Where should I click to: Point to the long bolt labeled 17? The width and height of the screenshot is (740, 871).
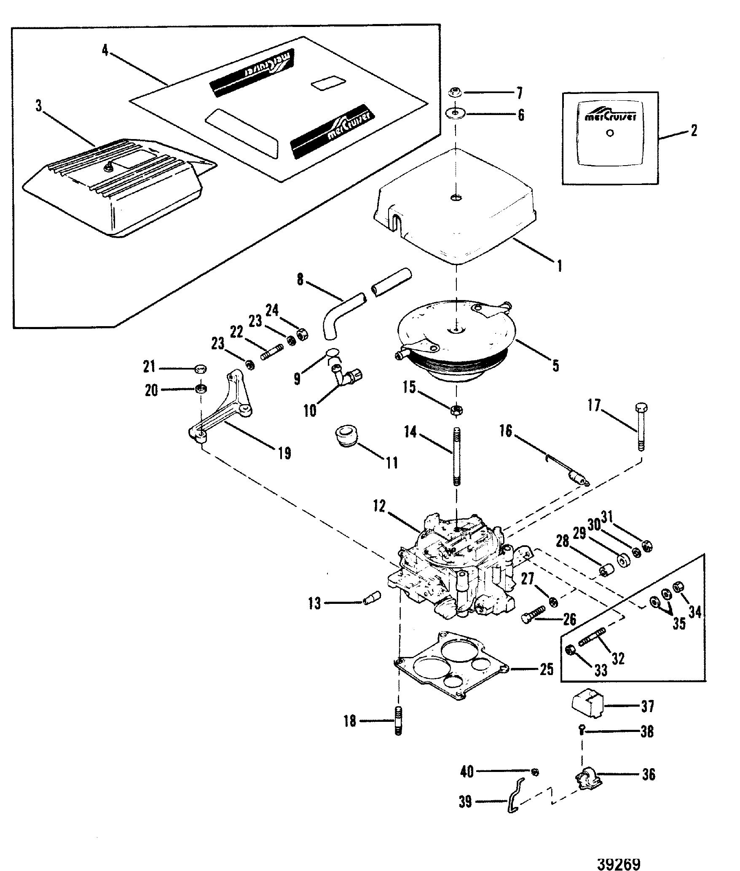click(641, 427)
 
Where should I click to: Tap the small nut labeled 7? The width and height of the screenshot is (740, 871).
click(455, 91)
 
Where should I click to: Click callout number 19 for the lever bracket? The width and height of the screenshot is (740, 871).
click(284, 453)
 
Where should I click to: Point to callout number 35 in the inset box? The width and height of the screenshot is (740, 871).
click(679, 623)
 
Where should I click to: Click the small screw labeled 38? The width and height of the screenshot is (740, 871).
click(582, 732)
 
